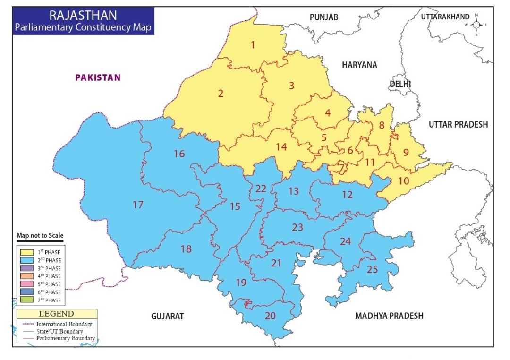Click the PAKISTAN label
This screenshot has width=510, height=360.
98,77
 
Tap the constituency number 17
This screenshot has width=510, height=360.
137,205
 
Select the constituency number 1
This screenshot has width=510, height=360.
253,45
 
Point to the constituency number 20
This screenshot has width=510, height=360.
270,316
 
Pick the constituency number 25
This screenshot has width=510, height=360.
373,270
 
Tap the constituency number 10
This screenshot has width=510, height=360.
404,180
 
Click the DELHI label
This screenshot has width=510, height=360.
400,84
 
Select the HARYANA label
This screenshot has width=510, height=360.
359,65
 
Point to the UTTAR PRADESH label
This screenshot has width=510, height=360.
458,124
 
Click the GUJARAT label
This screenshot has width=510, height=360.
167,316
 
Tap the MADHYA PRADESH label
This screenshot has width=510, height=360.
389,316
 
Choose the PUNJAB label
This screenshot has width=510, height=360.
324,17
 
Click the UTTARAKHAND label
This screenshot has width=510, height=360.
445,17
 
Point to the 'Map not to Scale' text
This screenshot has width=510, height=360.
40,235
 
